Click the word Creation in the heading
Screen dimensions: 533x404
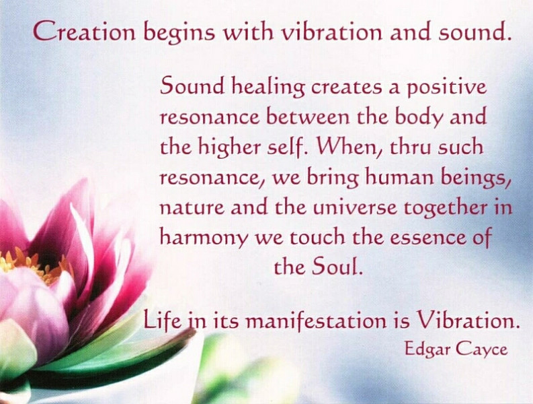point(84,32)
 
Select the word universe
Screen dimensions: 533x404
point(354,207)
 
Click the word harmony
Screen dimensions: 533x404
point(204,238)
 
